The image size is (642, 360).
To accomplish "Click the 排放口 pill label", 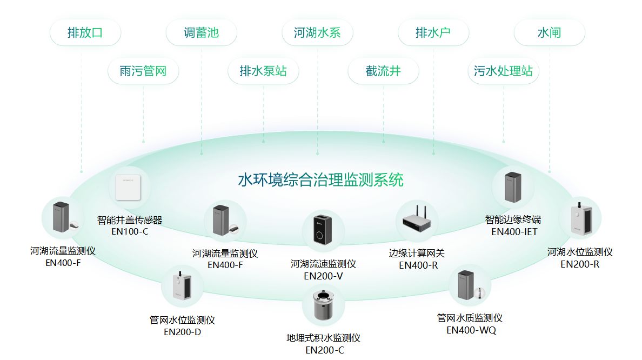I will [x=85, y=32].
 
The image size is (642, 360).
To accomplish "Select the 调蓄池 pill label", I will [x=201, y=32].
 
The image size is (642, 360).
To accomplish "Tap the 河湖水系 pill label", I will [x=317, y=32].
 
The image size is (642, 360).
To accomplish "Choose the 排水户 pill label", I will [x=433, y=32].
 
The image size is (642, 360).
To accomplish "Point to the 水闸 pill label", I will [x=549, y=32].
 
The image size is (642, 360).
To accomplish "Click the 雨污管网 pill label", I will [x=143, y=71].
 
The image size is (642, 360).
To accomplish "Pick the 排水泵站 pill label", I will [x=263, y=71].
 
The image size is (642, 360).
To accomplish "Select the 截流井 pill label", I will [x=383, y=71].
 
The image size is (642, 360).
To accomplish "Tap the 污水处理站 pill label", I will [x=503, y=71].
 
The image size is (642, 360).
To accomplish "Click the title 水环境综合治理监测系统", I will [x=320, y=179].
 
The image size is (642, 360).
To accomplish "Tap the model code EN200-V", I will [x=323, y=276].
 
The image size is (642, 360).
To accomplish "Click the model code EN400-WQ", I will [x=471, y=330].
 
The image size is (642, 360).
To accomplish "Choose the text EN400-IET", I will [x=514, y=232].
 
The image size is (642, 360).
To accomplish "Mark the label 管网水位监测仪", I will [x=182, y=321].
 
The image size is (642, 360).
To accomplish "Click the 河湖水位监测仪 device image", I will [x=580, y=218].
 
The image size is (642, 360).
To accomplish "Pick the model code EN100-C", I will [x=130, y=232].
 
